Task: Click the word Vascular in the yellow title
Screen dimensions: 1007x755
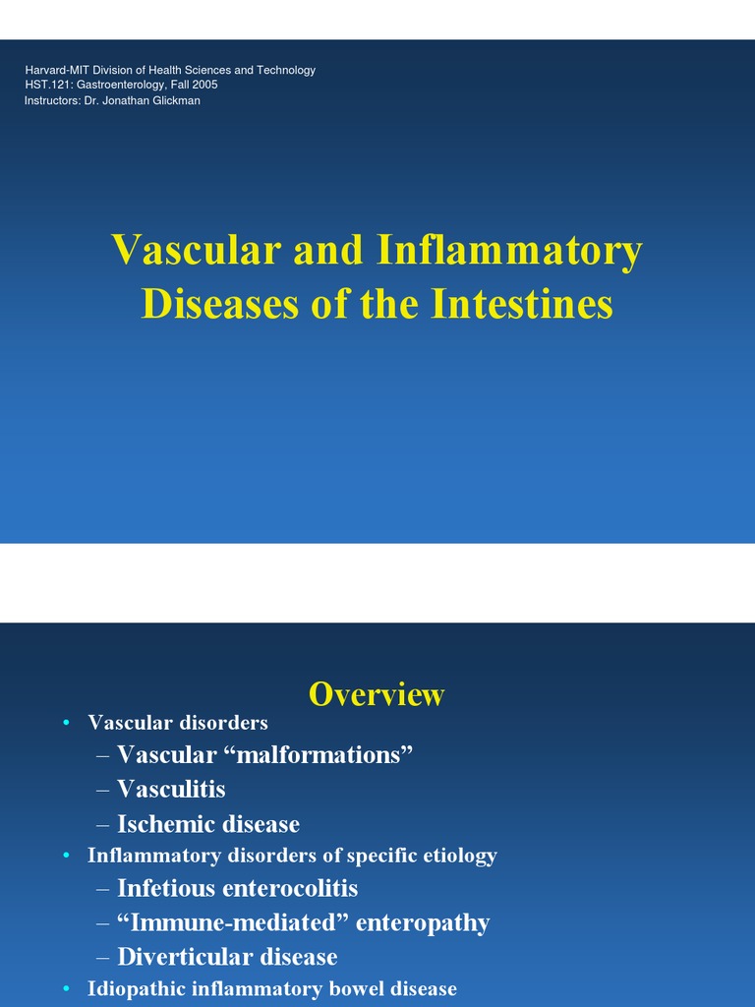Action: tap(196, 250)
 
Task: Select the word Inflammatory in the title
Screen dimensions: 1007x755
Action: tap(508, 250)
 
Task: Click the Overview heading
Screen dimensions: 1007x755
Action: tap(377, 694)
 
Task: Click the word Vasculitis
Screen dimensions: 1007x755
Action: tap(171, 789)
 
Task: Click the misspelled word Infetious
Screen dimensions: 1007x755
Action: tap(166, 888)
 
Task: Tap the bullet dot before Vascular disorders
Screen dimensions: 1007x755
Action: tap(66, 724)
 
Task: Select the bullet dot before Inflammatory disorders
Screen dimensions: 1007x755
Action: tap(66, 857)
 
